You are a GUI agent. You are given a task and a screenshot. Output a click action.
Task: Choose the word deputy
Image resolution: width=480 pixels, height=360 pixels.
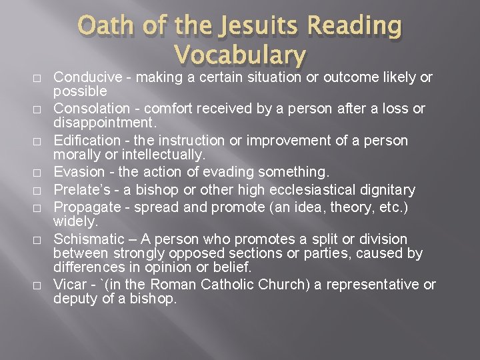tap(75, 299)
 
